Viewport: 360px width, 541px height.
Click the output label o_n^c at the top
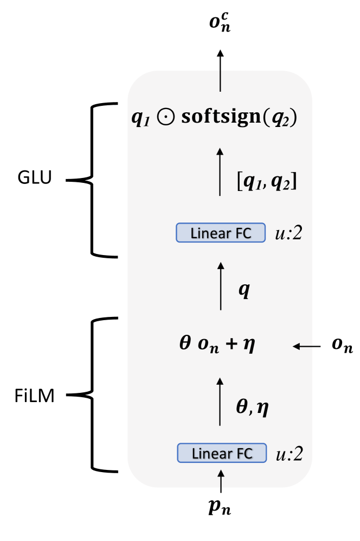(x=220, y=24)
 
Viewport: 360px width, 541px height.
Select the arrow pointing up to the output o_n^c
(x=220, y=70)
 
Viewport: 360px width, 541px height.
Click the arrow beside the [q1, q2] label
(x=220, y=171)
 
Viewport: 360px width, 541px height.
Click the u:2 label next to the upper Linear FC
(x=291, y=233)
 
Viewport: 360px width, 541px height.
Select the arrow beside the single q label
(x=220, y=285)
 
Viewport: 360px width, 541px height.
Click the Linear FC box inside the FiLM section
(x=222, y=452)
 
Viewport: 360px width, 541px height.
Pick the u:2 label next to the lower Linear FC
(x=293, y=453)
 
